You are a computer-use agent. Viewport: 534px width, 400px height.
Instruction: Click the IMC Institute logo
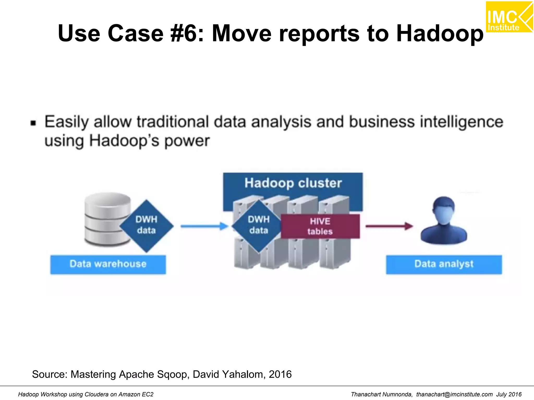tap(509, 17)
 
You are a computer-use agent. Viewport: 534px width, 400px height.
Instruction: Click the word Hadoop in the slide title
tap(440, 33)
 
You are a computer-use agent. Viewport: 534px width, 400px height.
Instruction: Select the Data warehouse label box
tap(108, 264)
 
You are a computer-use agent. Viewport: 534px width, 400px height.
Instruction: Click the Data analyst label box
tap(444, 264)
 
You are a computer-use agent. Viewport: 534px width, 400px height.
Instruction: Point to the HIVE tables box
tap(320, 226)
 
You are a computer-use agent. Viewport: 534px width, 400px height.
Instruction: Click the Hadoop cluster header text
tap(293, 183)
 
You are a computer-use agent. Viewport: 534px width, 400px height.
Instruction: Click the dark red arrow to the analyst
tap(389, 226)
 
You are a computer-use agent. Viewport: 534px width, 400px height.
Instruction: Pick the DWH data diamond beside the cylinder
tap(146, 225)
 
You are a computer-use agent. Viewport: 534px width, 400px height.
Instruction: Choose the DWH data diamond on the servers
tap(258, 225)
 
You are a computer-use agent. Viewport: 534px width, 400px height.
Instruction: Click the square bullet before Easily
tap(33, 123)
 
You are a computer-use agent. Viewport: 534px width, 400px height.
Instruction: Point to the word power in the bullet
tap(187, 141)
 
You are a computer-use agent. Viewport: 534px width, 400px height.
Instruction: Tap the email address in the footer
tap(454, 395)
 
